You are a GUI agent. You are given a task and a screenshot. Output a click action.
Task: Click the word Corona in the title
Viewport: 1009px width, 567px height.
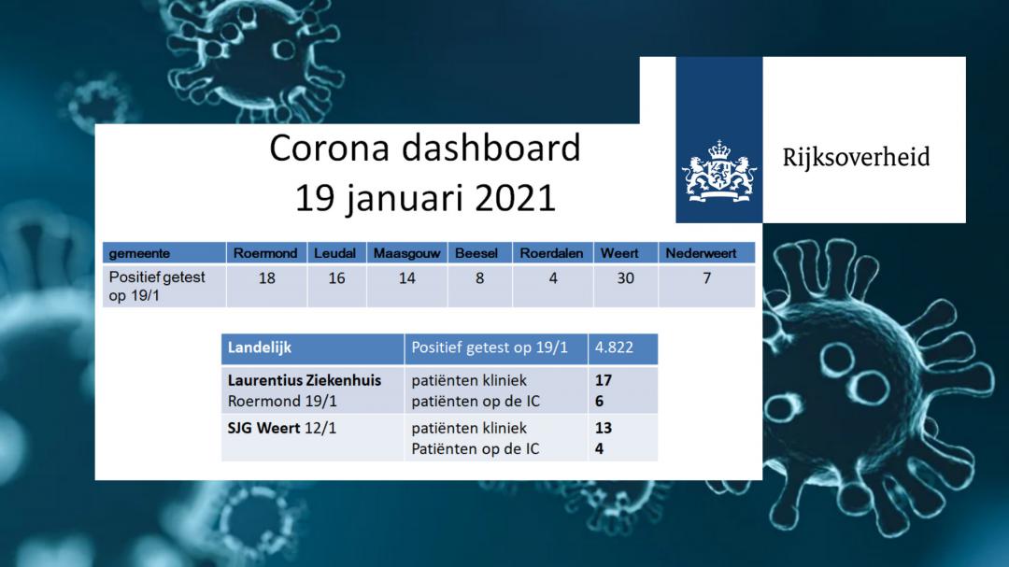coord(329,148)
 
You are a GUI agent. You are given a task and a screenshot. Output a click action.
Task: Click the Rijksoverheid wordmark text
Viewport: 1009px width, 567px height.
coord(856,157)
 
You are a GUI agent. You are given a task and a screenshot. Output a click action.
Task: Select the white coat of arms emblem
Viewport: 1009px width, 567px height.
coord(719,172)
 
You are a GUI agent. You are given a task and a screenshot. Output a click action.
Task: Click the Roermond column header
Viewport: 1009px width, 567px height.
coord(265,253)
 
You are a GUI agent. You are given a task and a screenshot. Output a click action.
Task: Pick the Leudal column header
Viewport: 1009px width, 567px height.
coord(334,253)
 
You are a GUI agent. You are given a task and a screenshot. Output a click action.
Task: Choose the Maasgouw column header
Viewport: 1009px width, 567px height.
coord(406,253)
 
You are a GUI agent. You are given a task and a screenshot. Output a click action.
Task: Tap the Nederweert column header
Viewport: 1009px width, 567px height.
coord(701,253)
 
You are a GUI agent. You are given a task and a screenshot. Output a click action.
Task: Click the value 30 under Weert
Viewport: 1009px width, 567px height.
coord(625,278)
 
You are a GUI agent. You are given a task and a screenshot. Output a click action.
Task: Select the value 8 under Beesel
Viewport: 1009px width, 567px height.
coord(479,278)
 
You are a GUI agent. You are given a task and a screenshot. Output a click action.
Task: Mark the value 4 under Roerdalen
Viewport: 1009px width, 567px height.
coord(553,278)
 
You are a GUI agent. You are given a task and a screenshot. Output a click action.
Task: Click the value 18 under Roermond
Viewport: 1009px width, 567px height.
coord(267,278)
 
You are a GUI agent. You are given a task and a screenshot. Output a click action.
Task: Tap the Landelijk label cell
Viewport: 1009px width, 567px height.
coord(313,348)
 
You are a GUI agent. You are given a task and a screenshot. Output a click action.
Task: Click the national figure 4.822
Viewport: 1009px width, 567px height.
coord(614,347)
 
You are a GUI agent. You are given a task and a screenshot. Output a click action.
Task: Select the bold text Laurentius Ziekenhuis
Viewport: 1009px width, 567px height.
coord(305,380)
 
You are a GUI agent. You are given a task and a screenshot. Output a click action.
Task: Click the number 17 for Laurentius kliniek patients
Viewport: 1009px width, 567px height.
coord(603,380)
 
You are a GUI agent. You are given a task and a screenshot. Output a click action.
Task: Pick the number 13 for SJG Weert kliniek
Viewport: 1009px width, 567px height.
coord(603,428)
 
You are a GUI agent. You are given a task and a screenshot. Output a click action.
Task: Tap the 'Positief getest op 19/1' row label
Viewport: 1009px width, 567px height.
coord(156,287)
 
